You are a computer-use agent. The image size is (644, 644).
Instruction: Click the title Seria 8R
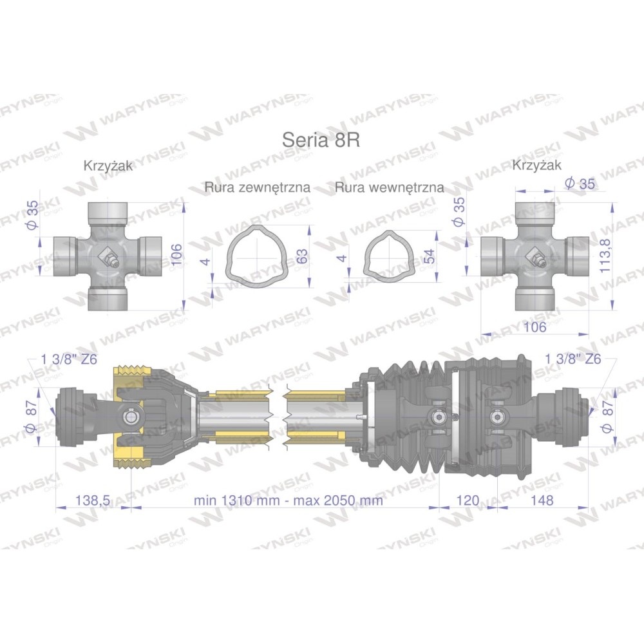click(x=321, y=140)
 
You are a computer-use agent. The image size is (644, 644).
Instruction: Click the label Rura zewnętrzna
click(x=258, y=187)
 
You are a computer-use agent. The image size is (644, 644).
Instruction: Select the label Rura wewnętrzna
click(x=390, y=187)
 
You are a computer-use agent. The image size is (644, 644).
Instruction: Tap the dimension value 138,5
click(x=92, y=500)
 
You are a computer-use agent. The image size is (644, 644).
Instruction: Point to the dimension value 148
click(x=542, y=500)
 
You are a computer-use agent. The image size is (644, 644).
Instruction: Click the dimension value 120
click(x=468, y=500)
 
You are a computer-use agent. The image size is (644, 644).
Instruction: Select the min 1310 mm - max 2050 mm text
click(x=289, y=500)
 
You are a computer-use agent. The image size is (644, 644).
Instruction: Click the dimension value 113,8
click(x=605, y=256)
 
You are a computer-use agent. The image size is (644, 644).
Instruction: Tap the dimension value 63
click(x=302, y=257)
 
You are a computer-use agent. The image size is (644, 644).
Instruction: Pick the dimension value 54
click(x=429, y=257)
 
